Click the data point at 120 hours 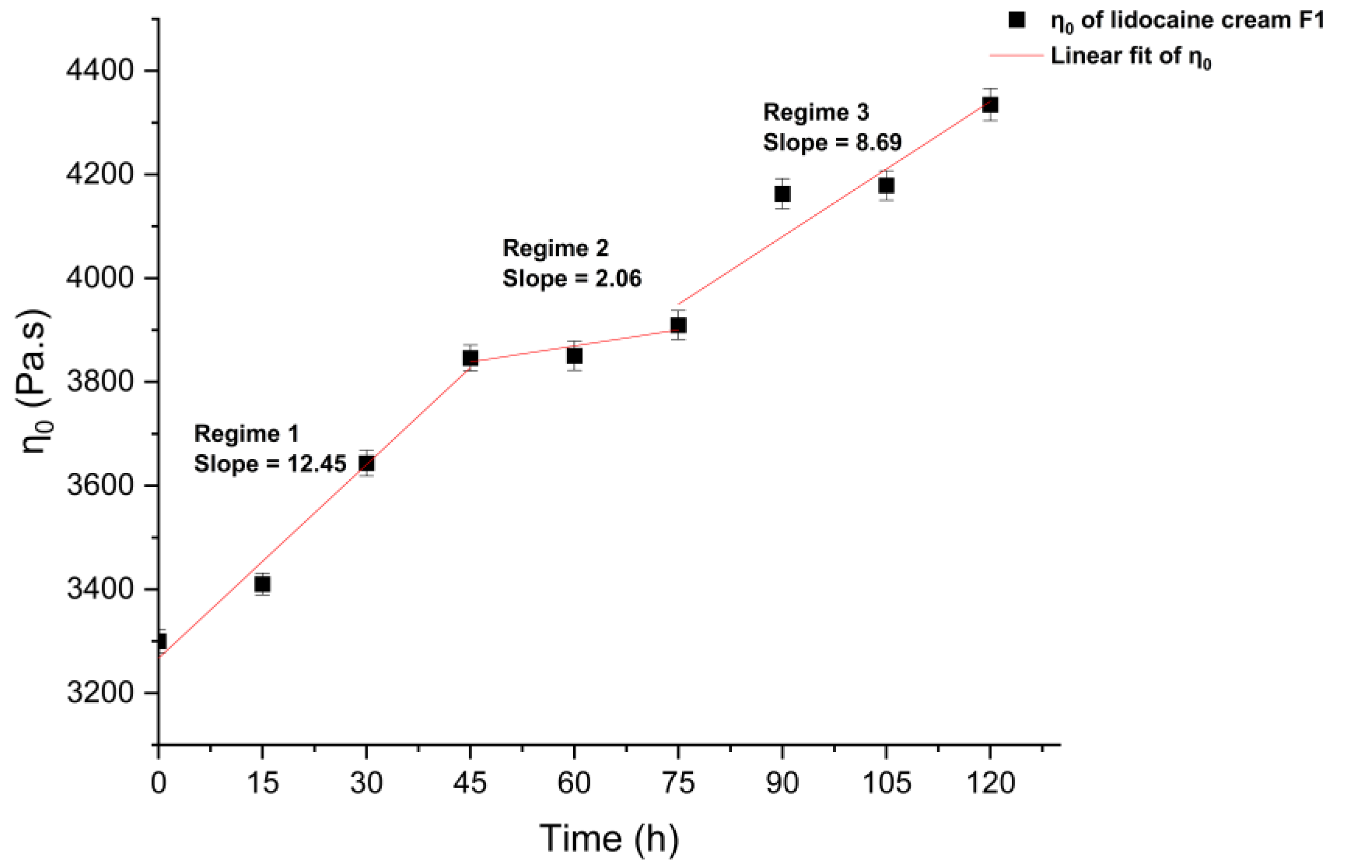[x=990, y=105]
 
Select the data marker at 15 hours [x=262, y=584]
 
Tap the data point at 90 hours [x=782, y=194]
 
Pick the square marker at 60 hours [x=574, y=356]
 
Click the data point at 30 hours [x=366, y=464]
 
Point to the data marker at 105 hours [x=886, y=186]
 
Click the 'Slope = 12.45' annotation [x=270, y=464]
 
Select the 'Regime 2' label [x=555, y=248]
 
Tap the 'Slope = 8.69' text [x=832, y=142]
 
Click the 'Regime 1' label [x=246, y=434]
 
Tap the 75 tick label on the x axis [x=678, y=783]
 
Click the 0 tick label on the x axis [x=159, y=783]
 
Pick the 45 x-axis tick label [x=470, y=783]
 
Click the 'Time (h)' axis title [x=609, y=839]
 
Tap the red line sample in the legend [x=1015, y=55]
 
